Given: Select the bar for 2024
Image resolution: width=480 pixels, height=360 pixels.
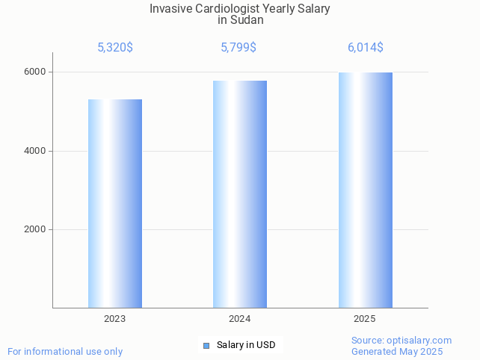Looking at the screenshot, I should (240, 194).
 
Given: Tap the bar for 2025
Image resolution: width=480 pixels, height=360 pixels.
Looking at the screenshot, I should (365, 190).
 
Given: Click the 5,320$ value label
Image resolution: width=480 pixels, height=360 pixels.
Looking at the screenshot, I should (115, 48).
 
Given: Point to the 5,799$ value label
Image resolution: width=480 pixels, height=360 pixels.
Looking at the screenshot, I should (239, 48).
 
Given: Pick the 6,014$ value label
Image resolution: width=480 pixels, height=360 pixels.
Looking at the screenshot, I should (365, 48).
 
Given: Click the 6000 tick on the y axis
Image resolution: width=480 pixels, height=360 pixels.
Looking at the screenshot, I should (34, 72).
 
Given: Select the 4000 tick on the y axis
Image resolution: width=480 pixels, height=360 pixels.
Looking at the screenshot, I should (34, 151).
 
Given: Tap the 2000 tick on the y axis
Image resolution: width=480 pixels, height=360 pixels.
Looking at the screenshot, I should (34, 230).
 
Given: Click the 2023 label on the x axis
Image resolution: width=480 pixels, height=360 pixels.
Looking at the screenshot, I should (115, 319).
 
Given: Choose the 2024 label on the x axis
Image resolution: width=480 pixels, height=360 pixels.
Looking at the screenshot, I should (240, 319).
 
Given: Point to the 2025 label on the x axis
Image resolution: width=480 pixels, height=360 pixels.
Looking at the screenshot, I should (365, 319).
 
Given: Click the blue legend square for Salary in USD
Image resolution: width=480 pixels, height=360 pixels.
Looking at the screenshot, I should (206, 345).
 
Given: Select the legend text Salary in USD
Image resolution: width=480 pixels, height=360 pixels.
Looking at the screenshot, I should (246, 345).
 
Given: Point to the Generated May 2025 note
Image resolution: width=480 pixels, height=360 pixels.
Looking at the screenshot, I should (397, 352).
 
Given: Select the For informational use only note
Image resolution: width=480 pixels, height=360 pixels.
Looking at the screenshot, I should (65, 352).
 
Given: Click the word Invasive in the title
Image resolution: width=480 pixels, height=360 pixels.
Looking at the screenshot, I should (170, 9).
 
